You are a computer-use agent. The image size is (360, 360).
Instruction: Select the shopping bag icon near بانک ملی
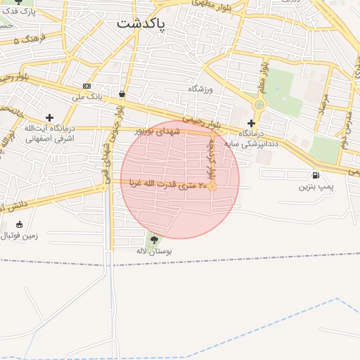click(122, 93)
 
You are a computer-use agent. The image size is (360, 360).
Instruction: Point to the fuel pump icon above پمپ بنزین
click(314, 175)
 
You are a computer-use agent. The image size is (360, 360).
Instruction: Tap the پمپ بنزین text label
click(314, 187)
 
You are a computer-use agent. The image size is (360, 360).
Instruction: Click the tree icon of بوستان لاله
click(154, 240)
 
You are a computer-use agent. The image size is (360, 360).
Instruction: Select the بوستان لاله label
click(155, 251)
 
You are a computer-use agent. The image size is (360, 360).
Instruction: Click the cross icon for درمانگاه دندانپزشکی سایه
click(251, 123)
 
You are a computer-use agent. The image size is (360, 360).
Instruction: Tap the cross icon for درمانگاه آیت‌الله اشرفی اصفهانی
click(49, 117)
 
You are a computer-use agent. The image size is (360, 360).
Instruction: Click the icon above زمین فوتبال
click(19, 225)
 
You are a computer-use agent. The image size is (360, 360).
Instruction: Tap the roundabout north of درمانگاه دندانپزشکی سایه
click(259, 105)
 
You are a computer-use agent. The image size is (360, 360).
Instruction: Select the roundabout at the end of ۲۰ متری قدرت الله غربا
click(212, 186)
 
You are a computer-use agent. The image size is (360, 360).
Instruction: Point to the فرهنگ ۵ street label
click(29, 39)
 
